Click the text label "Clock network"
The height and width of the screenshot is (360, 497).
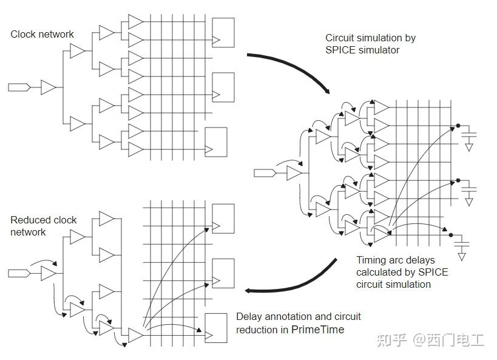(42, 34)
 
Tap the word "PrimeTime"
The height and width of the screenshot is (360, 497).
(317, 330)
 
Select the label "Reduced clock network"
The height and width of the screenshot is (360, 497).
(44, 226)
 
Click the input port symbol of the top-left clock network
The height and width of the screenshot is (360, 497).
(19, 87)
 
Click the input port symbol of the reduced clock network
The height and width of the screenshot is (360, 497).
(19, 274)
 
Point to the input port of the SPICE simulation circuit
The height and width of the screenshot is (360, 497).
(265, 174)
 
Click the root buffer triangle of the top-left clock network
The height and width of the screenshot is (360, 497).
(48, 87)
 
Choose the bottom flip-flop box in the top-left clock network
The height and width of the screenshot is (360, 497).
(215, 141)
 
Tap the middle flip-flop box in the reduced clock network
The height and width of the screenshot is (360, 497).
(222, 273)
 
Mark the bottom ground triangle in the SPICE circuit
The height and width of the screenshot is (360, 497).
(462, 256)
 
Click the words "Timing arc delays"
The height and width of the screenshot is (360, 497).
(396, 260)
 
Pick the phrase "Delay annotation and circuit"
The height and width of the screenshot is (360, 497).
(298, 316)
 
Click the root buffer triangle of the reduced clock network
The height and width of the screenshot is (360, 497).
(48, 274)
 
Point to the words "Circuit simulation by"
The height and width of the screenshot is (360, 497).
(370, 38)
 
